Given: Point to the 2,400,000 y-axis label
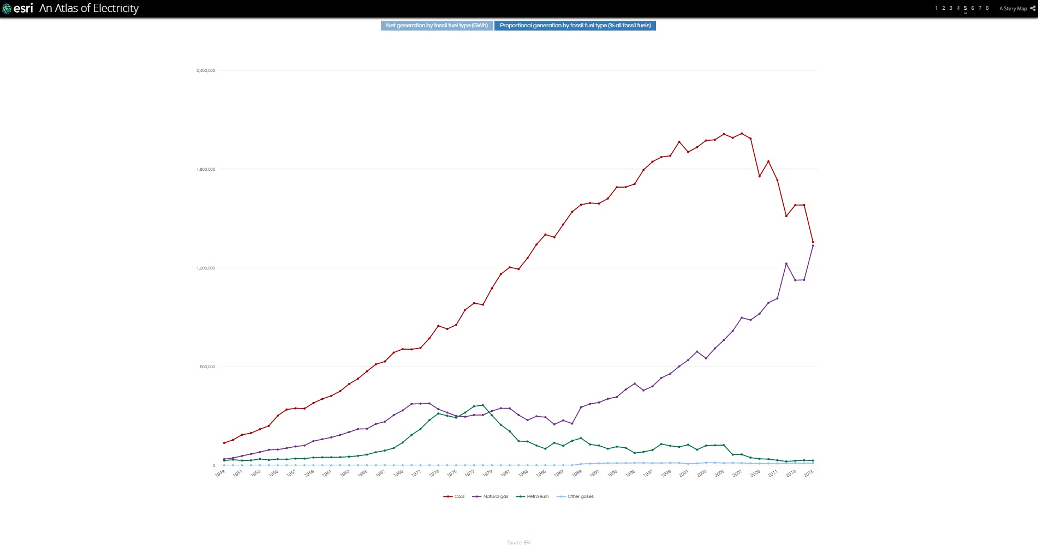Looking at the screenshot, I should [x=206, y=70].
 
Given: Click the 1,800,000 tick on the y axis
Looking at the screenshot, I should [x=206, y=169].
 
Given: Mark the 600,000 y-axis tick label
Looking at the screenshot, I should [x=207, y=367].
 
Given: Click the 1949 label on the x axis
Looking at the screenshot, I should [x=220, y=473].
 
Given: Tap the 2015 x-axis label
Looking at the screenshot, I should [x=809, y=473].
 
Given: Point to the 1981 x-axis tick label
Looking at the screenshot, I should [x=505, y=473].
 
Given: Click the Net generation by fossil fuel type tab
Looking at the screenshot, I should [x=437, y=26].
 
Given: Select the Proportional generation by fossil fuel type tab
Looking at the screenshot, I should [x=575, y=26].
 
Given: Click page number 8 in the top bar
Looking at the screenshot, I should [x=987, y=8].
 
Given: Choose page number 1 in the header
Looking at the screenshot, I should [x=936, y=8].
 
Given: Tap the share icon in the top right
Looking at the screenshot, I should [x=1033, y=8].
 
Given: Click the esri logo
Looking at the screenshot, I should [x=18, y=8].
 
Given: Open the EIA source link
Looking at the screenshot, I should [x=527, y=543].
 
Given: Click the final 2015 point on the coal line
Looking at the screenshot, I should [x=813, y=242].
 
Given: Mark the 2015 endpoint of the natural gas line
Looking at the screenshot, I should [x=813, y=246].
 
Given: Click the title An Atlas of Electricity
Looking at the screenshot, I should [x=89, y=8].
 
